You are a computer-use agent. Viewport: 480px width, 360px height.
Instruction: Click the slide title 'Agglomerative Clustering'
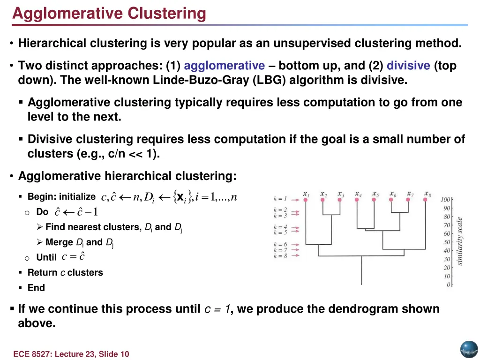pyautogui.click(x=109, y=13)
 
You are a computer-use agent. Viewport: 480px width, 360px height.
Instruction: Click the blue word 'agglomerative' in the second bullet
pyautogui.click(x=224, y=66)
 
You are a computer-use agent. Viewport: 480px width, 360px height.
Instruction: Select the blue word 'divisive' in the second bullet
pyautogui.click(x=408, y=66)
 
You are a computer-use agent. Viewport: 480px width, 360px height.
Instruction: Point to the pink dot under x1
pyautogui.click(x=306, y=200)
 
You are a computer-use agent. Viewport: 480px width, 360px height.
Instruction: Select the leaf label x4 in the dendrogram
pyautogui.click(x=358, y=194)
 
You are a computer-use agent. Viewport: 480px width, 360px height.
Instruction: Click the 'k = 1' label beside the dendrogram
pyautogui.click(x=280, y=199)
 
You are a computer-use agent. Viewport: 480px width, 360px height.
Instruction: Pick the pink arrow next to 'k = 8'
pyautogui.click(x=295, y=256)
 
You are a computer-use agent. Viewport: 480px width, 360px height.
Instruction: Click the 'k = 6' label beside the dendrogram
pyautogui.click(x=280, y=245)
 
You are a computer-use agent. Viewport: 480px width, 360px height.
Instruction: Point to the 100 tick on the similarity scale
pyautogui.click(x=446, y=200)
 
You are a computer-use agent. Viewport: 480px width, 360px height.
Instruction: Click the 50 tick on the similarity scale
pyautogui.click(x=447, y=242)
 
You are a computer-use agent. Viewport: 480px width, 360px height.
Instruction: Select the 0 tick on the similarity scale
pyautogui.click(x=449, y=285)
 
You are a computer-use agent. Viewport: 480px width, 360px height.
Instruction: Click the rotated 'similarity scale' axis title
pyautogui.click(x=460, y=240)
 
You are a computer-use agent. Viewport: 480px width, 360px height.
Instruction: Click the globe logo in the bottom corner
pyautogui.click(x=468, y=349)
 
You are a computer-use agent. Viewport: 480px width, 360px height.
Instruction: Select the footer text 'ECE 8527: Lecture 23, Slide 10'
pyautogui.click(x=71, y=354)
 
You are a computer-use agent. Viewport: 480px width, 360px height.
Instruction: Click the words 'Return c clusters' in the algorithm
pyautogui.click(x=65, y=272)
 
